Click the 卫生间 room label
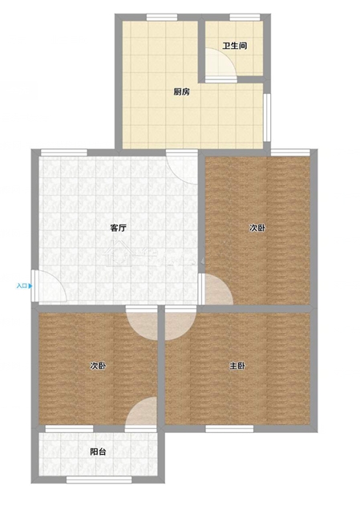tap(234, 46)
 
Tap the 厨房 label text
tap(182, 92)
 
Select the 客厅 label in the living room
tap(118, 229)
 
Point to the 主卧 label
tap(237, 366)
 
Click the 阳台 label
tap(98, 451)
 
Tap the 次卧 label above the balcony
tap(98, 366)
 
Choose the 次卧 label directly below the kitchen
tap(257, 228)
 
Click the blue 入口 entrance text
tap(22, 285)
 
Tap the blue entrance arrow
tap(30, 285)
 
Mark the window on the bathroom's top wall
tap(245, 17)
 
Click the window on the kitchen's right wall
tap(266, 117)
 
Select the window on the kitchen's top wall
tap(162, 17)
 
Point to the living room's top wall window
tap(64, 152)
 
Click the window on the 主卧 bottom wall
tap(229, 429)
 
